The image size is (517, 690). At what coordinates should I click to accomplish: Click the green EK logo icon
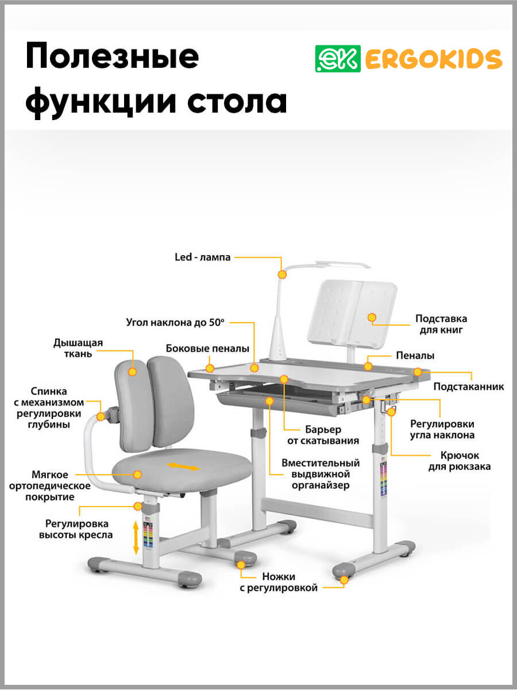(x=338, y=58)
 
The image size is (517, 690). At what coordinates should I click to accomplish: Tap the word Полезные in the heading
(x=113, y=57)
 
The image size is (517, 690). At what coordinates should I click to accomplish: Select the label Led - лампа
(x=203, y=257)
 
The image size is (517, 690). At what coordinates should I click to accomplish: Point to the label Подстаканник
(x=469, y=387)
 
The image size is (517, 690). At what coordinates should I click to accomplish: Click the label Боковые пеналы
(x=207, y=349)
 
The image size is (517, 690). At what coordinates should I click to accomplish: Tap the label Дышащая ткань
(x=78, y=348)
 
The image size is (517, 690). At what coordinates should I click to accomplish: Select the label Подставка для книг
(x=441, y=324)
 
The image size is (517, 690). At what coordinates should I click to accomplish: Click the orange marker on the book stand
(x=372, y=317)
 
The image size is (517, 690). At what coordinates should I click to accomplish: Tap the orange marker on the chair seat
(x=137, y=475)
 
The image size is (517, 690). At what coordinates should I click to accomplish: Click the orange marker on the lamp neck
(x=282, y=275)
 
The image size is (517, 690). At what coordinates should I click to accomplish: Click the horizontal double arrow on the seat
(x=183, y=465)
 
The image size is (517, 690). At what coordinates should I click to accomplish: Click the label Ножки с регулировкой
(x=279, y=582)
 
